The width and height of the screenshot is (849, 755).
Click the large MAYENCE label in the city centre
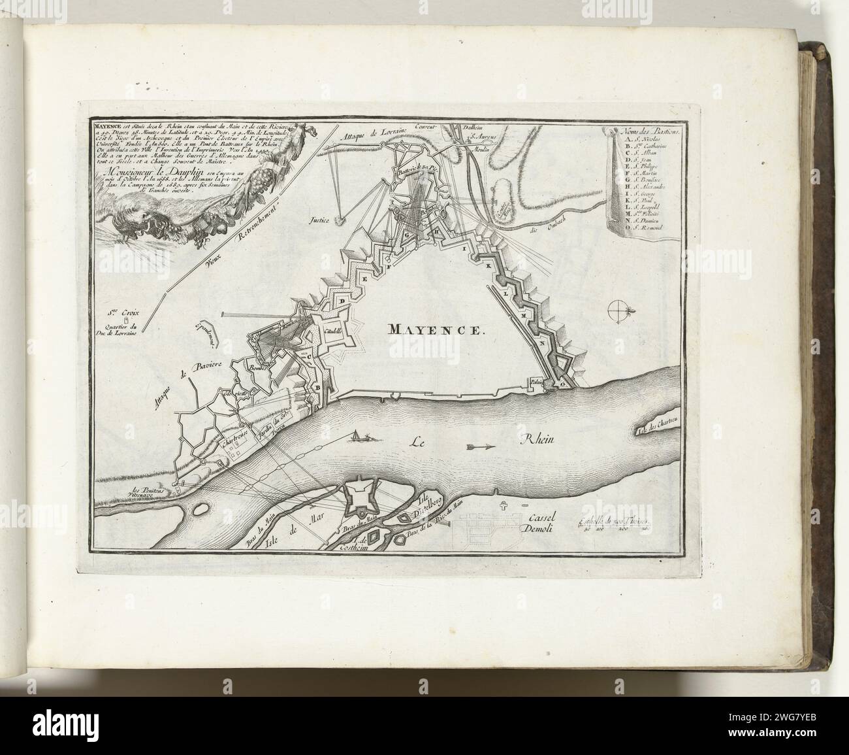(438, 329)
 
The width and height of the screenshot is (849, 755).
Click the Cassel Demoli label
(539, 522)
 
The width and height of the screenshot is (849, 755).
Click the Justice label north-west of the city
(319, 221)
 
